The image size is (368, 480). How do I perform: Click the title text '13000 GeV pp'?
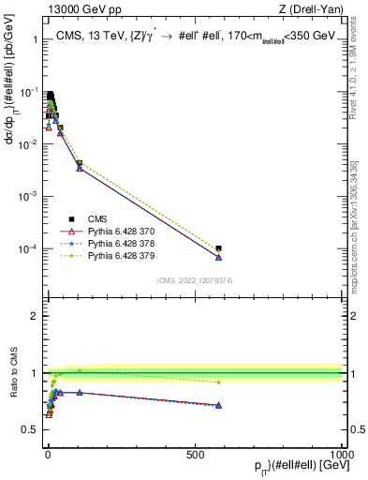pyautogui.click(x=76, y=9)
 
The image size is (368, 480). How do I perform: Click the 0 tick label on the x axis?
pyautogui.click(x=48, y=453)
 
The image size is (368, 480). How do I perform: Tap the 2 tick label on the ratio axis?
pyautogui.click(x=36, y=316)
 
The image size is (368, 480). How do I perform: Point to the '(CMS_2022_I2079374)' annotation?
pyautogui.click(x=196, y=278)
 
